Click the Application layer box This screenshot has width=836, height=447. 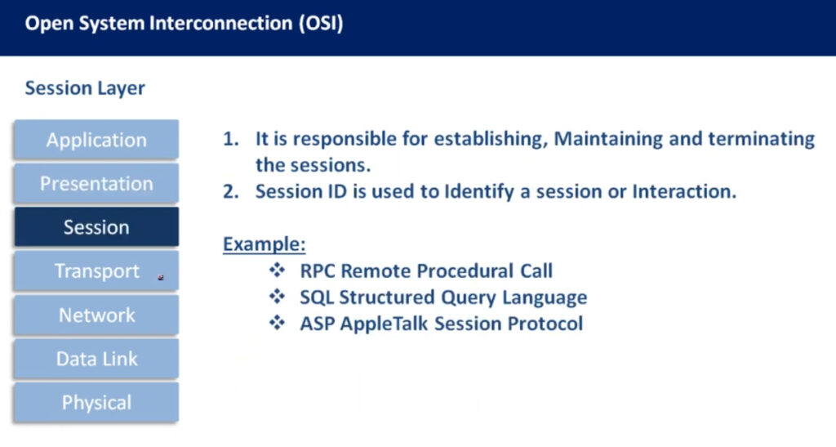96,140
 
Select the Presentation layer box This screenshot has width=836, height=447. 96,184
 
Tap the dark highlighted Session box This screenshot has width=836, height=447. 96,227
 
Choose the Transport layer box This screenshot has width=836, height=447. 96,271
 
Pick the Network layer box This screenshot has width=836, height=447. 96,315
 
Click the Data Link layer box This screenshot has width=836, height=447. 96,359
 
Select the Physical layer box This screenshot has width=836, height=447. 96,402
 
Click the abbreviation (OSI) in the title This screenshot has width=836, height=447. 321,24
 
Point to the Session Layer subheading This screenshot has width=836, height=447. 85,88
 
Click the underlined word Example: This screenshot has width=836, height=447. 264,244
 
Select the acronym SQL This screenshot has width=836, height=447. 317,297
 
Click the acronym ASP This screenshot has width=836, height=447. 318,324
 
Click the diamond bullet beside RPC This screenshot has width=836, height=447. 278,270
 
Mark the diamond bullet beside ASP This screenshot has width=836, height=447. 278,323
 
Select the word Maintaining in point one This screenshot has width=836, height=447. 608,139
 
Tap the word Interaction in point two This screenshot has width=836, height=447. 684,191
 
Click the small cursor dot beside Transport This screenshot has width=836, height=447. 161,277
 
